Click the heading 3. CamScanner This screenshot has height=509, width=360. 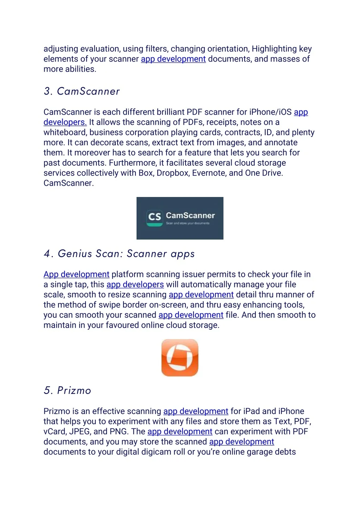coord(82,91)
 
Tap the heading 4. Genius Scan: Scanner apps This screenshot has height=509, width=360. coord(119,254)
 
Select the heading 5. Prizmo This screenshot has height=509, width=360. coord(67,390)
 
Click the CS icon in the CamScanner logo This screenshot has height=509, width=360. coord(154,217)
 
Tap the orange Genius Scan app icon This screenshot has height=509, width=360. coord(180,358)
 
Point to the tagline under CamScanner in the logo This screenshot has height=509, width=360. coord(188,223)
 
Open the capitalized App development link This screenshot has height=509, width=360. coord(76,274)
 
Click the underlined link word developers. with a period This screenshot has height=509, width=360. coord(65,122)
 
